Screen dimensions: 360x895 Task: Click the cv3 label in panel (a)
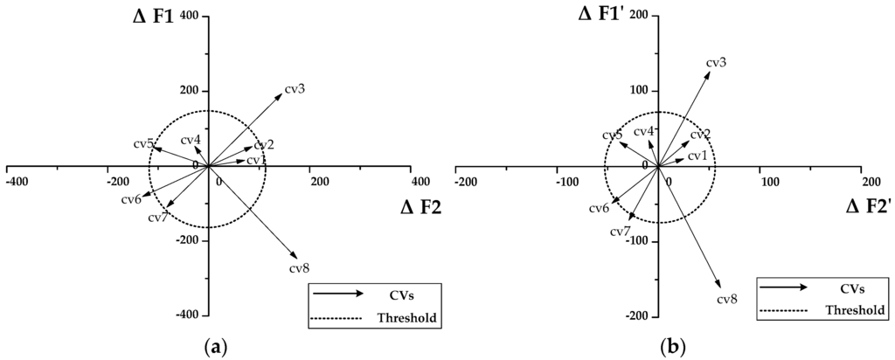[295, 89]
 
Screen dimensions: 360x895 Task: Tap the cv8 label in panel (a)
[300, 267]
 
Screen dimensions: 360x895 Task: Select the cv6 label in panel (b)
[599, 208]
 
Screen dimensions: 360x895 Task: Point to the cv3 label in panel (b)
[716, 62]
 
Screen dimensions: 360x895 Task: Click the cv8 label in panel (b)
[727, 299]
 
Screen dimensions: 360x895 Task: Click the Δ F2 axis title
[421, 207]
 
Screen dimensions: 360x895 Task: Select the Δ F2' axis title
[870, 207]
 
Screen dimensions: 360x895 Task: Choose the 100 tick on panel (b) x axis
[769, 181]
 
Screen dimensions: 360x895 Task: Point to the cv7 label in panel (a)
[158, 217]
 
